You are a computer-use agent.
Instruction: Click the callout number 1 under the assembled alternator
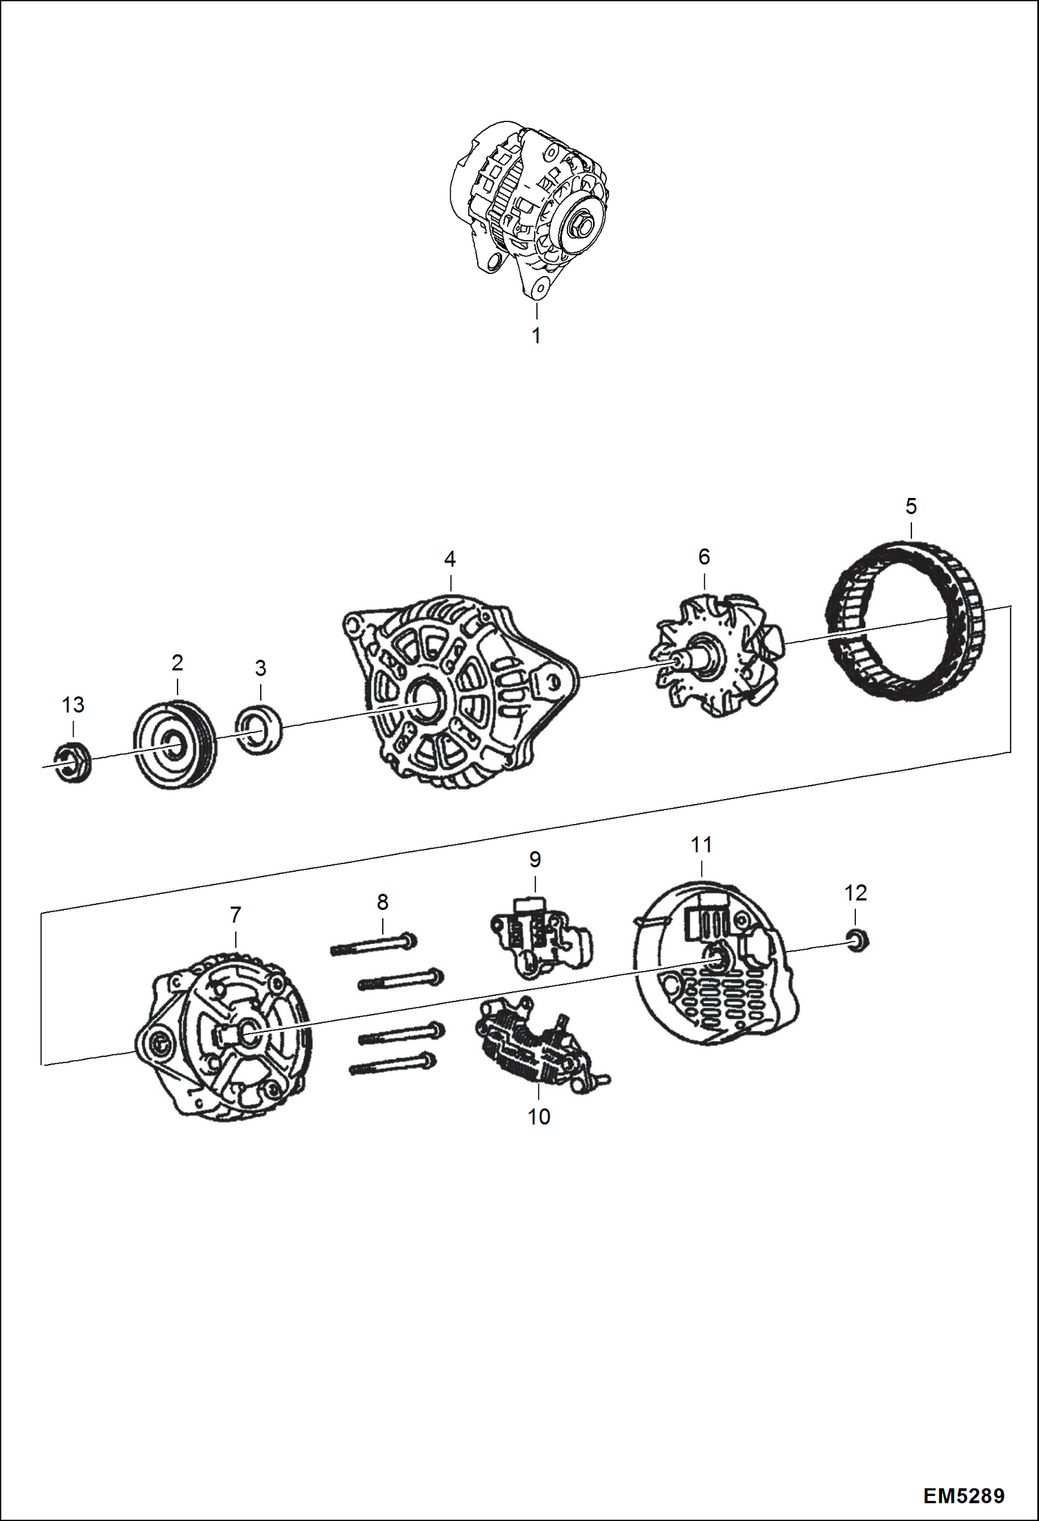536,336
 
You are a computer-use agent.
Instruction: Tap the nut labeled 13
71,762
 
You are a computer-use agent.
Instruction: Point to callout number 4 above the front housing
450,559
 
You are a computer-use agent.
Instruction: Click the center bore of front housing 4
424,703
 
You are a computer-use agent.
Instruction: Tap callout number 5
911,506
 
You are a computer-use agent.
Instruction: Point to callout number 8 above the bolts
382,902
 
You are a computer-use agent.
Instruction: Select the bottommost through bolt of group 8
393,1065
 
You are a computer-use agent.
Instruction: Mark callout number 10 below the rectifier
539,1117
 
